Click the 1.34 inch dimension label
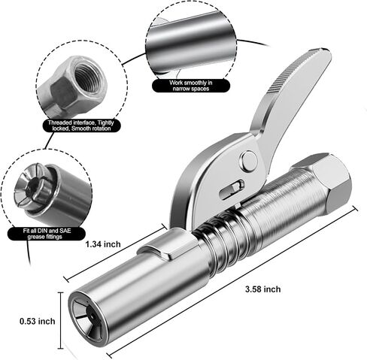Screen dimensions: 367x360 (103, 244)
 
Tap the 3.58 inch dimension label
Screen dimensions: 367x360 (263, 289)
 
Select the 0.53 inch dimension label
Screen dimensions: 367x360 (38, 321)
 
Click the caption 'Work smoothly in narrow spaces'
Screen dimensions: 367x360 (191, 86)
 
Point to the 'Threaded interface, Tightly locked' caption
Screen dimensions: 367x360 (81, 126)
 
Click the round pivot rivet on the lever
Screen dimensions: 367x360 (249, 160)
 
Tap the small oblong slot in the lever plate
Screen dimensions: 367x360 (232, 189)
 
